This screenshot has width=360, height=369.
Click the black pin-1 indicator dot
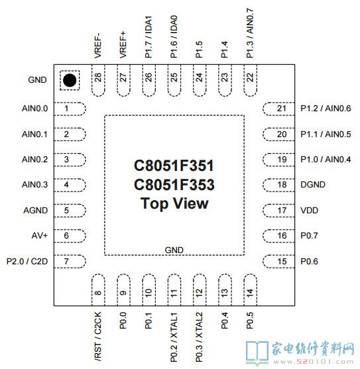tap(70, 80)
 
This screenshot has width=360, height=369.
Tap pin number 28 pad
tap(98, 80)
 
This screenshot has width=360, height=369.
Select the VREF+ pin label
tap(123, 44)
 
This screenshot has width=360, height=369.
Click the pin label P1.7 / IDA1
tap(149, 37)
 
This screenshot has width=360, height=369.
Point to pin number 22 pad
tap(251, 80)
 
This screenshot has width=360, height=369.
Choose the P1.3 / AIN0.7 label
tap(250, 33)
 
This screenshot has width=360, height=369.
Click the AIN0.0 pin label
tap(34, 109)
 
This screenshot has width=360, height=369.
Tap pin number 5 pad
tap(70, 211)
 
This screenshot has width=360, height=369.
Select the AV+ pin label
tap(40, 236)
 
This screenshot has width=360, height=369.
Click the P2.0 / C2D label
tap(27, 261)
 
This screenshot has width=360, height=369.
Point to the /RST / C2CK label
tap(97, 337)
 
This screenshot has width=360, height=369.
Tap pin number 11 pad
tap(174, 290)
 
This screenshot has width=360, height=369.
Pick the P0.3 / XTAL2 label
tap(199, 337)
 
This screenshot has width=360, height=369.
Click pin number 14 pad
tap(251, 290)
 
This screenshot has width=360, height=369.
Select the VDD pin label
tap(310, 211)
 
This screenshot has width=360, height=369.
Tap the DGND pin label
tap(313, 185)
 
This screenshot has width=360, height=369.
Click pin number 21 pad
tap(278, 109)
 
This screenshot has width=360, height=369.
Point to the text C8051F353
tap(174, 184)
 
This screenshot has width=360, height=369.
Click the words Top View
tap(174, 203)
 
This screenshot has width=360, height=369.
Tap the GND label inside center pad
tap(174, 250)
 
